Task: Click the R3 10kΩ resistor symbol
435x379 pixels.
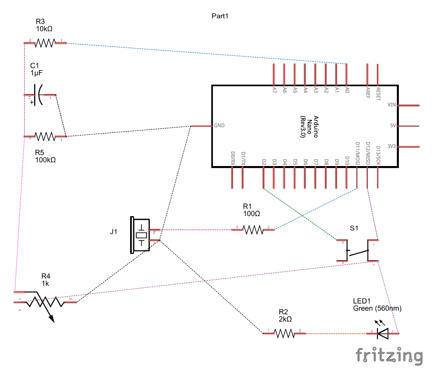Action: pos(45,43)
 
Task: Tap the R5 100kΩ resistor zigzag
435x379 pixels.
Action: pos(45,137)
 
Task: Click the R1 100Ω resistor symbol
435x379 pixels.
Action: pos(253,229)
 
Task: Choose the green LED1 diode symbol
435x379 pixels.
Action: pos(383,332)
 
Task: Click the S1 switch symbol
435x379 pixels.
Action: pos(357,251)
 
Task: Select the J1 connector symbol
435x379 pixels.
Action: pos(141,235)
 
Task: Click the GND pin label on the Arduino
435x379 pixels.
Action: pos(219,126)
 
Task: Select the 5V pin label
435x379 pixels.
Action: pos(393,126)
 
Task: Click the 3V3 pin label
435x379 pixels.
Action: pos(392,146)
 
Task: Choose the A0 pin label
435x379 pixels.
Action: pos(347,90)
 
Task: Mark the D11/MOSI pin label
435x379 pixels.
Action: pos(357,153)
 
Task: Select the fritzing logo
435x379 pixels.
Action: pos(389,356)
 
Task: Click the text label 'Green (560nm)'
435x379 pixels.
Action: pos(377,308)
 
